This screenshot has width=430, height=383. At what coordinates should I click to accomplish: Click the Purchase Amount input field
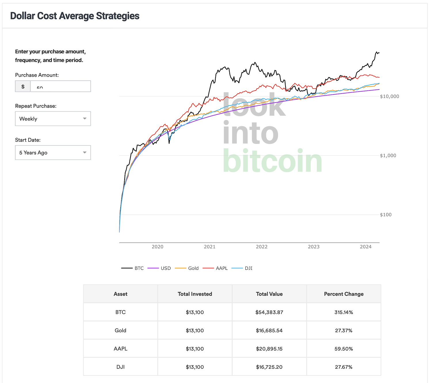pyautogui.click(x=60, y=86)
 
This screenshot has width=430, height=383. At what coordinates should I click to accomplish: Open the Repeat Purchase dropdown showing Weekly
pyautogui.click(x=53, y=119)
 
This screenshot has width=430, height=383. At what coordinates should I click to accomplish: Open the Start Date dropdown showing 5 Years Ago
pyautogui.click(x=53, y=153)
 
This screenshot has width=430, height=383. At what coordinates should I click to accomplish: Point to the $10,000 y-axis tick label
pyautogui.click(x=389, y=96)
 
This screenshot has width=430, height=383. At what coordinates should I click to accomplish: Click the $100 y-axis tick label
pyautogui.click(x=386, y=215)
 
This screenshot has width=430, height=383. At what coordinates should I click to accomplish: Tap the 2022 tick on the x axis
pyautogui.click(x=262, y=247)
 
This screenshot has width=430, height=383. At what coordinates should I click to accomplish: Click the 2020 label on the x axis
pyautogui.click(x=157, y=247)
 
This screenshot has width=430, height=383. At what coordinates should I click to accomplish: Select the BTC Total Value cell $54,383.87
pyautogui.click(x=269, y=312)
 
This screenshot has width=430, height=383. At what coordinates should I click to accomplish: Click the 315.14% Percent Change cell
pyautogui.click(x=344, y=312)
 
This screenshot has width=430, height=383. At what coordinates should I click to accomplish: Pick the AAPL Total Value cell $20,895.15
pyautogui.click(x=269, y=349)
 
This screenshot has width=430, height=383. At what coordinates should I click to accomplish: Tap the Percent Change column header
pyautogui.click(x=344, y=294)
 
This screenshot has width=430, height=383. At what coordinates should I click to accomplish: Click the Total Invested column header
pyautogui.click(x=195, y=294)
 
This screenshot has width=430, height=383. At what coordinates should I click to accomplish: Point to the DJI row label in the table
pyautogui.click(x=120, y=367)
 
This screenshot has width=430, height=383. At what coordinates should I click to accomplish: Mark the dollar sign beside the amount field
pyautogui.click(x=23, y=86)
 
